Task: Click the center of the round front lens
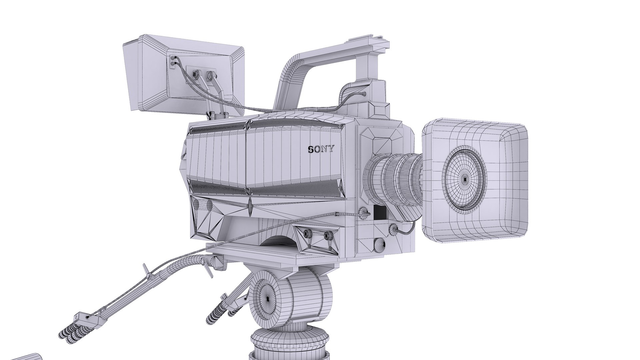pos(465,179)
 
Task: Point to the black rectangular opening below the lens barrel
pos(380,213)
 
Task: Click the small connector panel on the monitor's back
pos(173,62)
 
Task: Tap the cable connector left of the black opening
pos(365,212)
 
